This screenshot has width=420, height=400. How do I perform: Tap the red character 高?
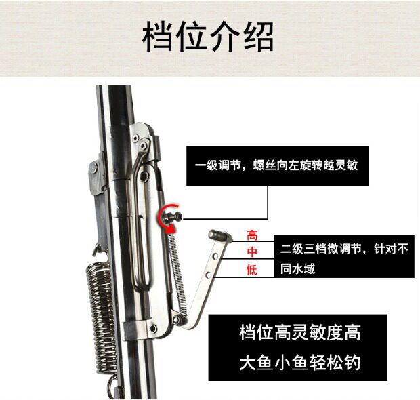click(252, 236)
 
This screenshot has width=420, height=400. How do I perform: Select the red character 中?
click(252, 252)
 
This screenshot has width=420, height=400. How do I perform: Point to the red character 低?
click(252, 270)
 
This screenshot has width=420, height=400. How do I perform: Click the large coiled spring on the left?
click(100, 311)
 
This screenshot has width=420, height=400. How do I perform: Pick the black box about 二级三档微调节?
click(343, 258)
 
